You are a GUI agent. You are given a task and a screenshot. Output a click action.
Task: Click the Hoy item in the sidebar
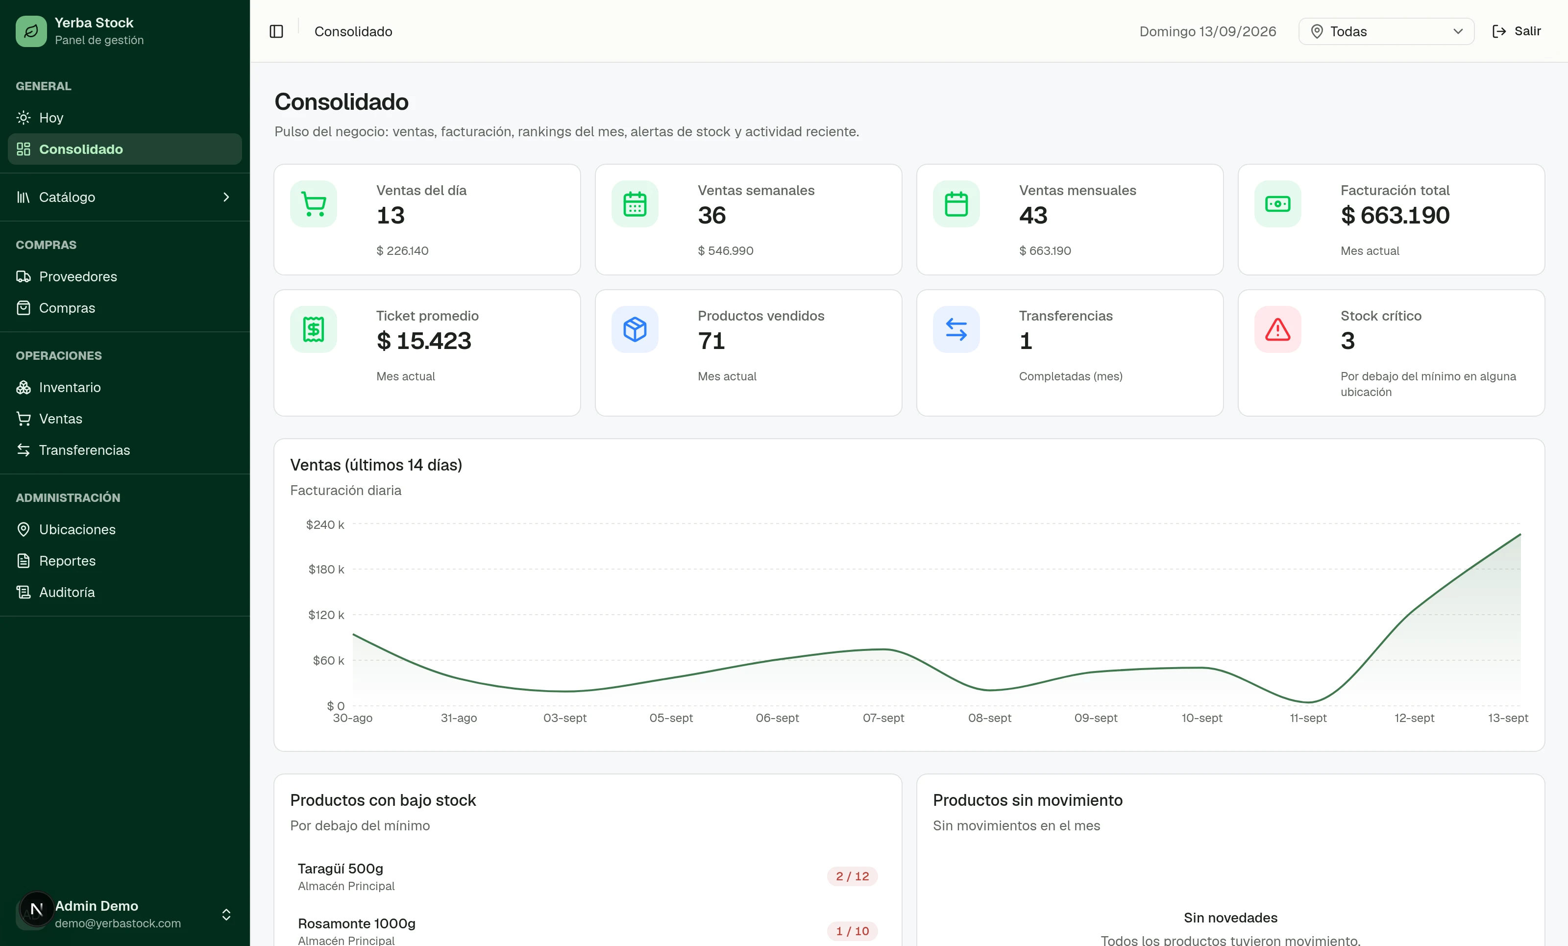click(51, 118)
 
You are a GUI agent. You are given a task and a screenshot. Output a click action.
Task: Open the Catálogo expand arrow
click(226, 198)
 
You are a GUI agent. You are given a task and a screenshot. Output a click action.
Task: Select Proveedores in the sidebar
click(77, 276)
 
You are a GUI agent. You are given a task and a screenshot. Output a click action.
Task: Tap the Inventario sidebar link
click(70, 387)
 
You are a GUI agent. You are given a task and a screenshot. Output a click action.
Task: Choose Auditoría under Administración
click(67, 592)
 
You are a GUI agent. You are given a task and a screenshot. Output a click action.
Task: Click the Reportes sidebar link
click(67, 561)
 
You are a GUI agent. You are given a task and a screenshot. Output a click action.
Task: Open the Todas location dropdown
click(1386, 31)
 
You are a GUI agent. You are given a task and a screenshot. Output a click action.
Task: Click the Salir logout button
click(1517, 31)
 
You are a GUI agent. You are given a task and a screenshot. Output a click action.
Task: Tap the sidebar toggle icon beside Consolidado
click(276, 31)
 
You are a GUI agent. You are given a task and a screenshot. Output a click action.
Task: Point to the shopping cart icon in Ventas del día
click(314, 204)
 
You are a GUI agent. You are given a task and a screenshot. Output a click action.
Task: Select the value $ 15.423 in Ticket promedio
click(424, 341)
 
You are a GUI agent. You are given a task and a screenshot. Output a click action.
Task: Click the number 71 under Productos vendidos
click(711, 341)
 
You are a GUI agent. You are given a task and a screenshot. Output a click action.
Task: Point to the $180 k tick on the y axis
click(326, 569)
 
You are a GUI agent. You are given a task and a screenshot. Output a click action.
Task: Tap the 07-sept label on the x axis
click(883, 718)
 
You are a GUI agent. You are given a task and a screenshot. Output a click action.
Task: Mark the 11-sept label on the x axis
click(1308, 718)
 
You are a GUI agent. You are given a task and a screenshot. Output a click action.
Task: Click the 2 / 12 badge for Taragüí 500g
click(852, 876)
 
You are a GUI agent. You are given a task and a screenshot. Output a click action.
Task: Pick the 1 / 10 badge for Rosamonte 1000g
click(852, 931)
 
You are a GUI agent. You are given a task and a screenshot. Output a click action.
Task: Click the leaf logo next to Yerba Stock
click(31, 31)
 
